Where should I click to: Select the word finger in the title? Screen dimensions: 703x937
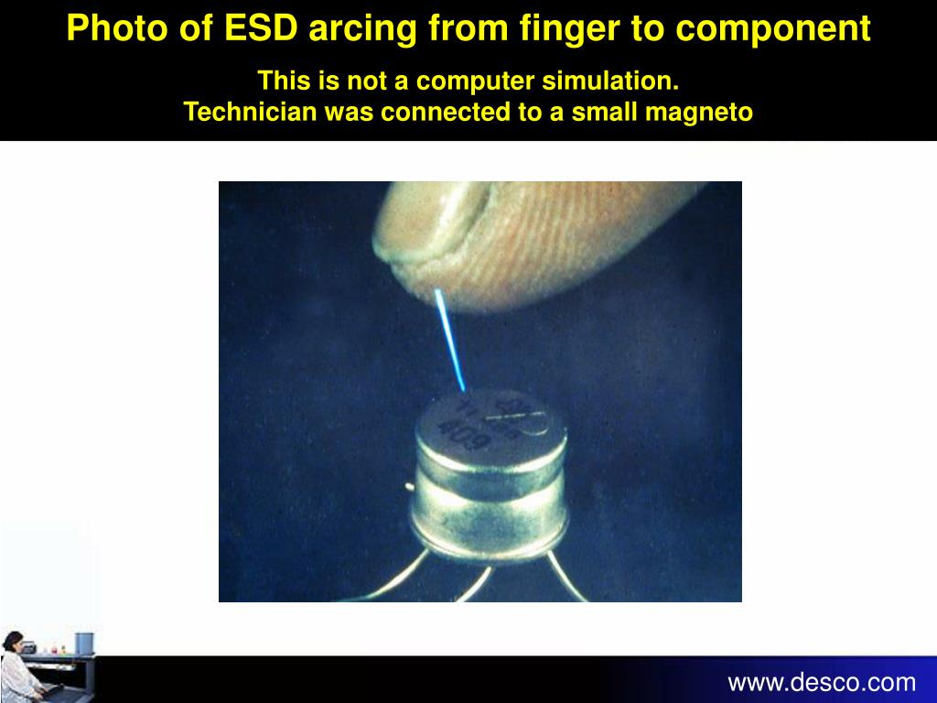565,28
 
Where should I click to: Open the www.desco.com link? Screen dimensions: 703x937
821,682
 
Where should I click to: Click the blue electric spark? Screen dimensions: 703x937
449,338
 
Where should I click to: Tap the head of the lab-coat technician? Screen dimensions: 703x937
13,640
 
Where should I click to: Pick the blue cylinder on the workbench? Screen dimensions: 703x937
83,644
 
